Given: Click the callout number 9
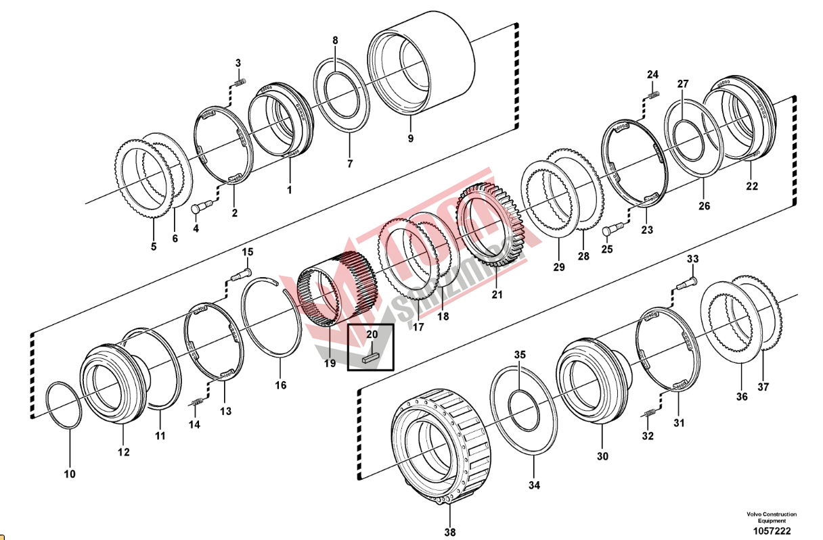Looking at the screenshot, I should pos(410,139).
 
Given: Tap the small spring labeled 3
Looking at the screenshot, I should pos(239,82).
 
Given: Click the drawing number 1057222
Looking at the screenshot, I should pos(772,532).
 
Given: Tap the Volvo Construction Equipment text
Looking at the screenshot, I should pos(771,517).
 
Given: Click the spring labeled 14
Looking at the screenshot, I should pos(197,403).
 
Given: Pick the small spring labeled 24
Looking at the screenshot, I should pos(653,95).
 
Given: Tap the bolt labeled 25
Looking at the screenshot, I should pos(613,230).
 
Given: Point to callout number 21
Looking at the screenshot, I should pos(497,295).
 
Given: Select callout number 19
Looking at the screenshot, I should pos(330,364).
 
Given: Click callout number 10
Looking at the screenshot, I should pos(70,474).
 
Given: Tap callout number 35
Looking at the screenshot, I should pos(519,355).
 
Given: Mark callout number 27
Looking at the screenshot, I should pos(683,84).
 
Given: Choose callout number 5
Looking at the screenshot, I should pos(154,247).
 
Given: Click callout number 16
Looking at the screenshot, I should pos(280,385).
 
